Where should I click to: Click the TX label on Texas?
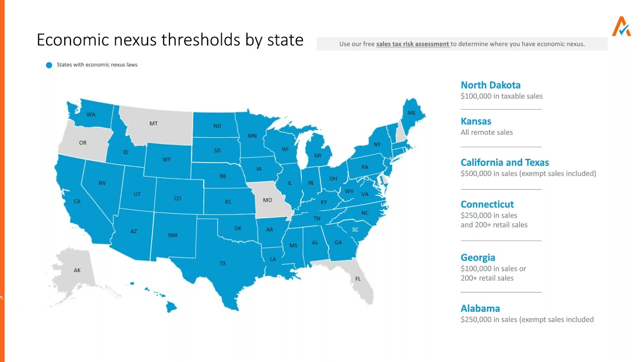[x=222, y=263]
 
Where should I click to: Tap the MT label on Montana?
[x=153, y=124]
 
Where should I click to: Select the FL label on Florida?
[x=358, y=279]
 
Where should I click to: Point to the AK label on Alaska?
[x=77, y=270]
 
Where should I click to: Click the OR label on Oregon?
[x=83, y=143]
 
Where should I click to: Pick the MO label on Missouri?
[x=267, y=200]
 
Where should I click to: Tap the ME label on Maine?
[x=412, y=113]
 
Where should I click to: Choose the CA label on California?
[x=77, y=202]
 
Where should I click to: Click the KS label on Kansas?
[x=228, y=202]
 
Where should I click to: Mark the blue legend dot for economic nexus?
[x=49, y=65]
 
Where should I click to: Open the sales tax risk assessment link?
[x=413, y=44]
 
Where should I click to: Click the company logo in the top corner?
[x=621, y=27]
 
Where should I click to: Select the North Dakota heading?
[x=491, y=85]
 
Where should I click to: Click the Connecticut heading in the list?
[x=487, y=204]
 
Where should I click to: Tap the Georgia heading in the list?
[x=478, y=257]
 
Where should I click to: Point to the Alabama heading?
[x=480, y=308]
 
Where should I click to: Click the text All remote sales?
[x=487, y=132]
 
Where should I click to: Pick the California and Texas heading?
[x=505, y=162]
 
